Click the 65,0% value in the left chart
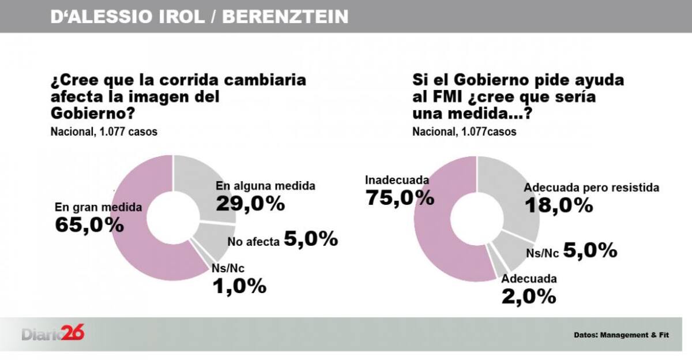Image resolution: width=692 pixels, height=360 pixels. pos(89,224)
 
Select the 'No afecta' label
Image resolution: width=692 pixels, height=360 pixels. pos(253,242)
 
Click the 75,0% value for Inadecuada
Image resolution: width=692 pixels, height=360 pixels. pos(400,197)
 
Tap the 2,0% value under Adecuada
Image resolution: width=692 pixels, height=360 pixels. pos(528,296)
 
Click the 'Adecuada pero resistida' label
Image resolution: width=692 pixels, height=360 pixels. pos(591,187)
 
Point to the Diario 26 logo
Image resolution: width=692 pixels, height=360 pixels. pos(53,333)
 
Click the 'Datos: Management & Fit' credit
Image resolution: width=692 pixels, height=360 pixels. pos(621,335)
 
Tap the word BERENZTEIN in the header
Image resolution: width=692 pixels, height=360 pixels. pos(285,17)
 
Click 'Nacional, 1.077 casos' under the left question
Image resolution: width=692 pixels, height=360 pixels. pos(104,132)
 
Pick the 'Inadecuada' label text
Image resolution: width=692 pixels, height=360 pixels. pos(397,180)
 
